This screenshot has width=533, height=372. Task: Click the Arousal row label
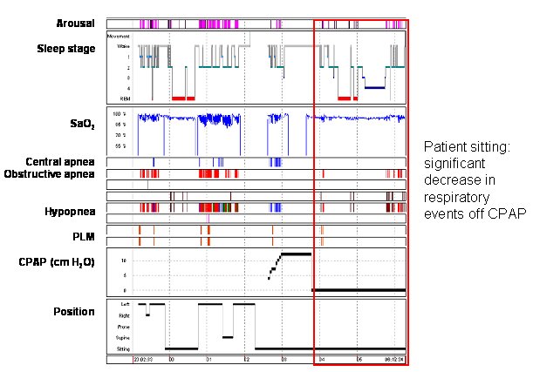point(78,24)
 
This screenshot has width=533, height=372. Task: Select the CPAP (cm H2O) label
point(60,261)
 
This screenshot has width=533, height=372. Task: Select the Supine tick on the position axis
point(125,336)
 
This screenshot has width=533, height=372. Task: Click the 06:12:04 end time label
point(393,358)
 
